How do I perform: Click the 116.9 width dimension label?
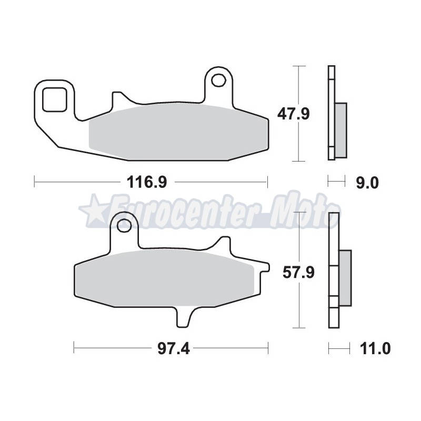[x=147, y=182]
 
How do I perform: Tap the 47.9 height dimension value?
[x=294, y=114]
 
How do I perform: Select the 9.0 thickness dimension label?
[x=367, y=183]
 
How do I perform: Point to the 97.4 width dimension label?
[x=174, y=349]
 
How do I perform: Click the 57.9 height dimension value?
[x=298, y=273]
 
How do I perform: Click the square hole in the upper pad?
[x=55, y=99]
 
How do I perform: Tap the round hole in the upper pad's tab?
[x=218, y=79]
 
